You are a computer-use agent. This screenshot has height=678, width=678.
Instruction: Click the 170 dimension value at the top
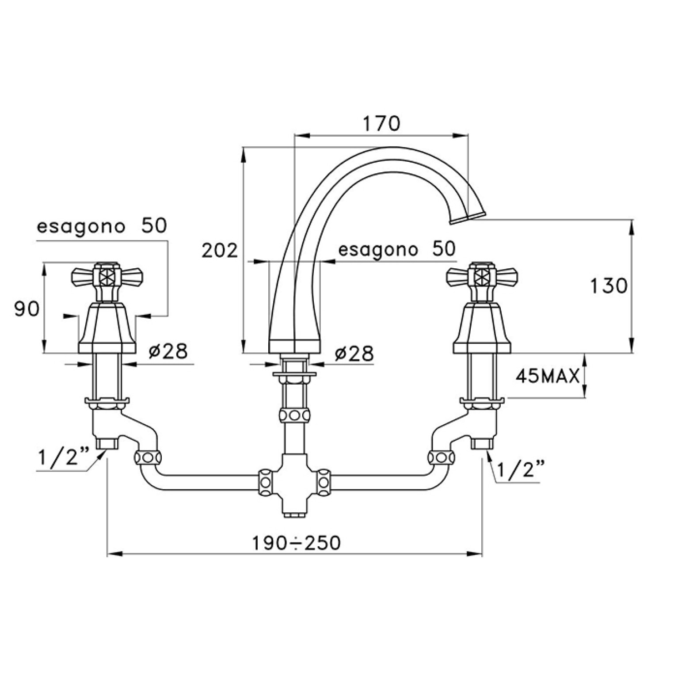coord(381,124)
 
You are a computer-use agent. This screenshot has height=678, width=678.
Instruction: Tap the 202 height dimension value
coord(220,251)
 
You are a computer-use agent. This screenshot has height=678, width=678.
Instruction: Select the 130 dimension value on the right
coord(609,286)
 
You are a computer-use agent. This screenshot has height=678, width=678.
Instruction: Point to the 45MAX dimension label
coord(548,377)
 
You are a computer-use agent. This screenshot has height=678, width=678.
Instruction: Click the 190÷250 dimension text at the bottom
coord(296,542)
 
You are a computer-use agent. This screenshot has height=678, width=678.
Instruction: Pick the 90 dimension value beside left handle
coord(27,309)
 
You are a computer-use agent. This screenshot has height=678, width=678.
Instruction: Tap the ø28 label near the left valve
coord(168,351)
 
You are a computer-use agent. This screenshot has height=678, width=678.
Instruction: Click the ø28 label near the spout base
coord(354,353)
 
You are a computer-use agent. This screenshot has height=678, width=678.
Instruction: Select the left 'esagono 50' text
coord(102,226)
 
